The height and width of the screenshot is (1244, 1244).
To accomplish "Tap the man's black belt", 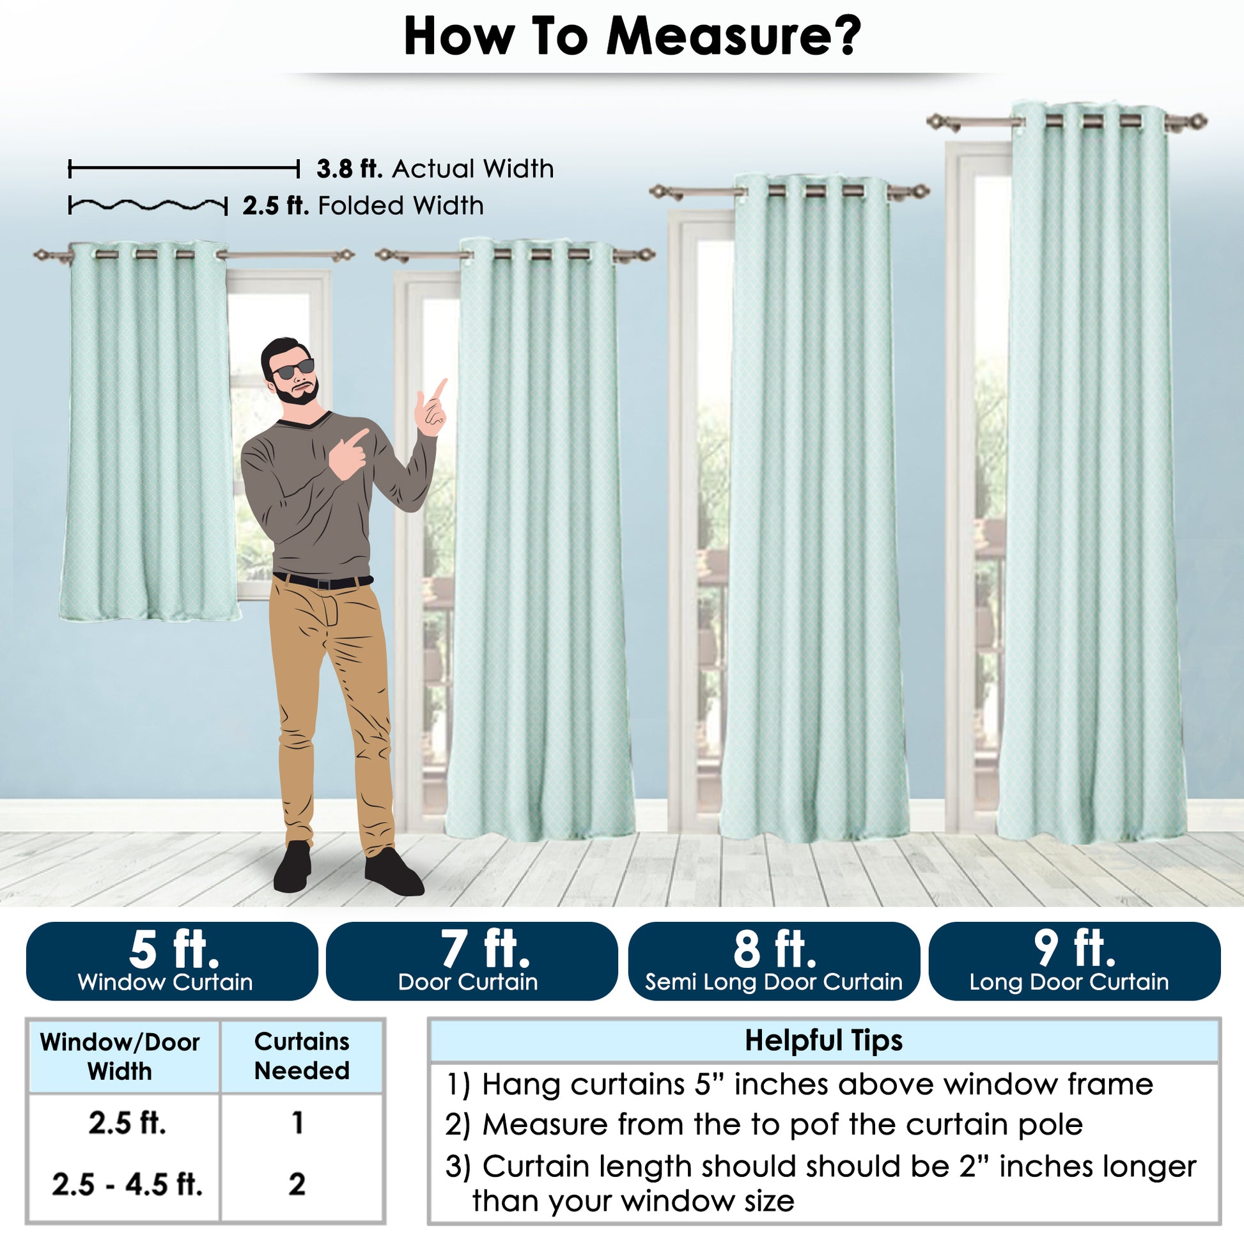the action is (323, 582).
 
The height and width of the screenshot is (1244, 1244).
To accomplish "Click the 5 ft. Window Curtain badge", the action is (172, 961).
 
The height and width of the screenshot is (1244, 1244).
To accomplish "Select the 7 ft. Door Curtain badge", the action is (472, 961).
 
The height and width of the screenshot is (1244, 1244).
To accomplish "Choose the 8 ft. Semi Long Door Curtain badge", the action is (774, 961).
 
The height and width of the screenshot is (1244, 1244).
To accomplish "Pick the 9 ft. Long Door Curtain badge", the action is (1075, 961).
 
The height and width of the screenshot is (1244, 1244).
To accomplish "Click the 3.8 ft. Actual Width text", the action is (435, 169).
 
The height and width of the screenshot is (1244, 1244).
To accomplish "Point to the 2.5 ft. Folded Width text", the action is (363, 206).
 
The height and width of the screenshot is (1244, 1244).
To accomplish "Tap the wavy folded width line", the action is (148, 206).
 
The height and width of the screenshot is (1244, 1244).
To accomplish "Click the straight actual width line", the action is (184, 169).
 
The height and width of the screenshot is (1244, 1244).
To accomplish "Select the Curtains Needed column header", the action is (302, 1057).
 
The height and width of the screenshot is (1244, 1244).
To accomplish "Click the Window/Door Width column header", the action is (120, 1057).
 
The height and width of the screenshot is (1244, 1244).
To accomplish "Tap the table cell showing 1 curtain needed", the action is (297, 1123).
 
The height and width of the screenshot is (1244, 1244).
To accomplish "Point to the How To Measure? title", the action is (632, 37).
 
